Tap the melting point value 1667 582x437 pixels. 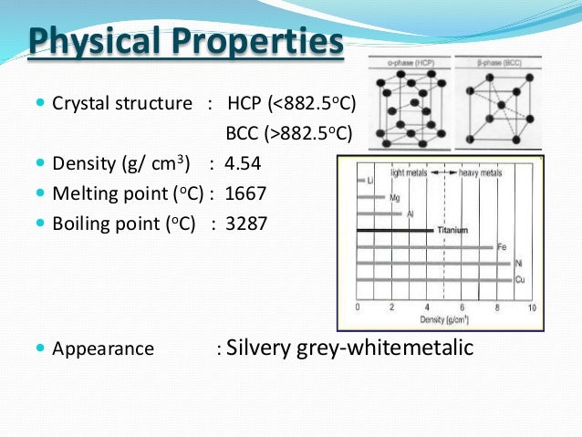[249, 193]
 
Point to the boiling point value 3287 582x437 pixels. [249, 223]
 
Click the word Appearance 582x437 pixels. [103, 349]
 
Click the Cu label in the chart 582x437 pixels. [520, 278]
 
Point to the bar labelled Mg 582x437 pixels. [373, 198]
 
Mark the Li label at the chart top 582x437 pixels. [369, 182]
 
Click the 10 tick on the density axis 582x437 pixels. [532, 307]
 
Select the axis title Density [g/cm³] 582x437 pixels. [444, 320]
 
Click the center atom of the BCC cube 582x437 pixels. [500, 105]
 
